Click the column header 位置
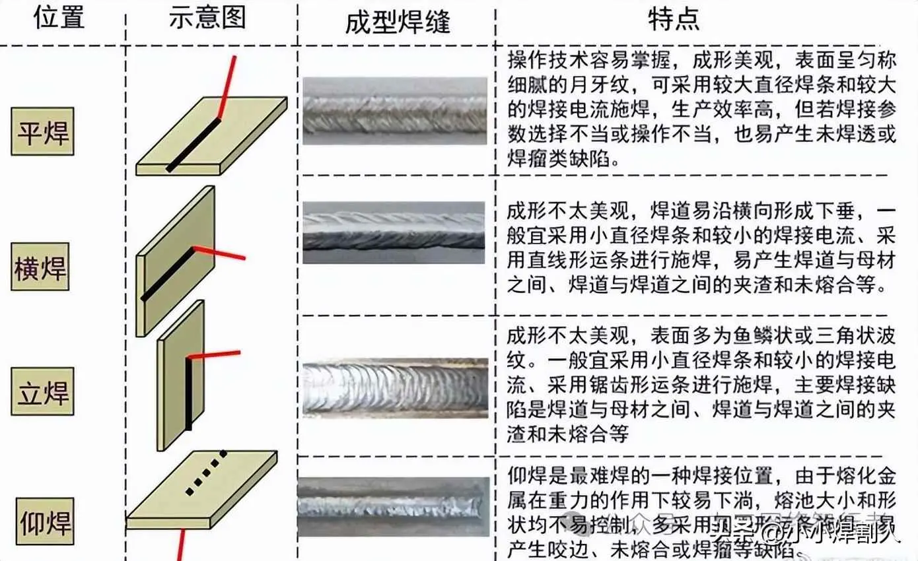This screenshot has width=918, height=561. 59,18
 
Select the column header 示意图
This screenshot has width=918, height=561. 207,18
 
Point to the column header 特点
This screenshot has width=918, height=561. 673,19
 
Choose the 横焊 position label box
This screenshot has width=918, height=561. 40,267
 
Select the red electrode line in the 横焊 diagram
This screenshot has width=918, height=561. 221,253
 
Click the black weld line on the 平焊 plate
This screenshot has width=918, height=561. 193,145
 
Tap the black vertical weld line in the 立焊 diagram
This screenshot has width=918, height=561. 188,393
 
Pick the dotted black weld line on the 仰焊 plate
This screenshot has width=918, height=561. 206,472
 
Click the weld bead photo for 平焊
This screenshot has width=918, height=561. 395,110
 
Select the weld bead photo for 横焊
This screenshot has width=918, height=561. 394,232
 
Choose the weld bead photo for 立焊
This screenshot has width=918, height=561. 395,388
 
